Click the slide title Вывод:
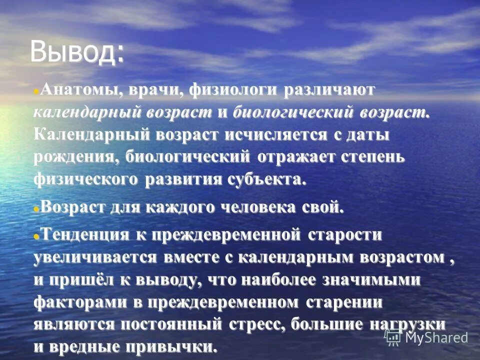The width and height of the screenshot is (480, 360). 77,51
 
